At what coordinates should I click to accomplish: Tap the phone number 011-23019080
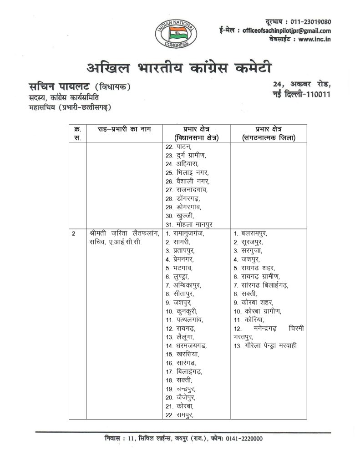tap(309, 22)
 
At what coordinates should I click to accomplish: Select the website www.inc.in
tap(315, 40)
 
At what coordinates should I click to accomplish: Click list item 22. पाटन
tap(178, 147)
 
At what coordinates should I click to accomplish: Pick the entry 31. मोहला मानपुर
tap(188, 224)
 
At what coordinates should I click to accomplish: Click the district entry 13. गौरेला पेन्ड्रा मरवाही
tap(265, 346)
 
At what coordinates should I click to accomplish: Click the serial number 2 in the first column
tap(73, 233)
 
